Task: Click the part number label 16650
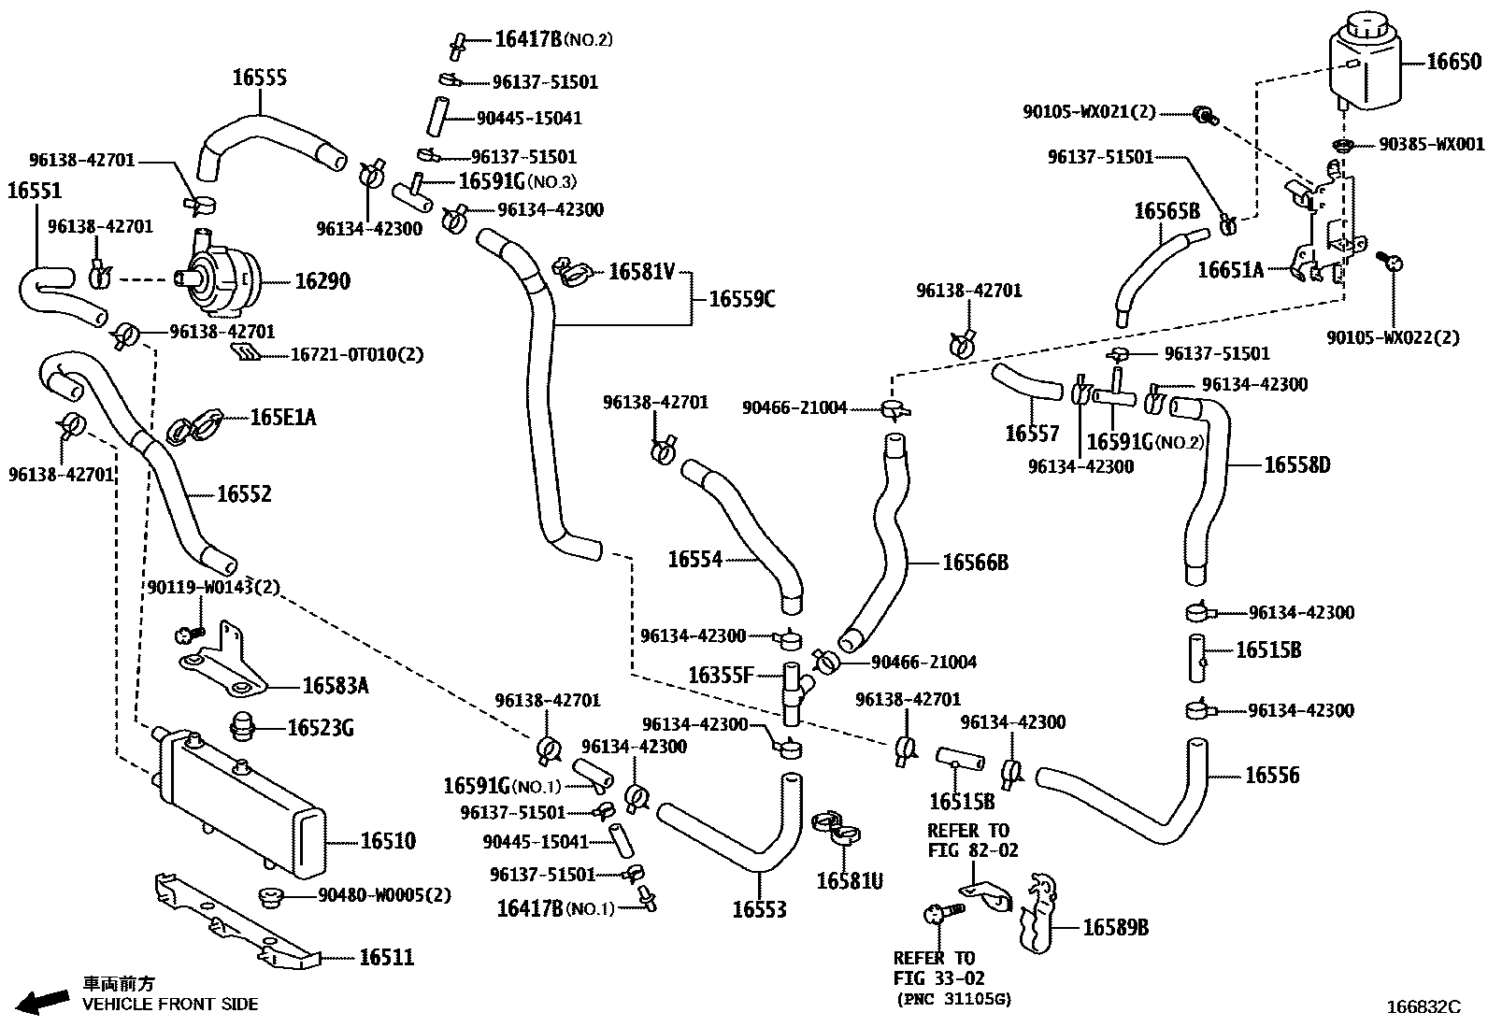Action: point(1453,63)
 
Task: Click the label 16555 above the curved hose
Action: point(259,78)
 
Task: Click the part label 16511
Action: point(386,958)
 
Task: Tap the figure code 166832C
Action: point(1422,1007)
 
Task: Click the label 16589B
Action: point(1115,928)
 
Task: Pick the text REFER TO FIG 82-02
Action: point(972,841)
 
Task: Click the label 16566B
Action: point(975,563)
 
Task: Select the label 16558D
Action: point(1296,465)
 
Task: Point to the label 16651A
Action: point(1230,271)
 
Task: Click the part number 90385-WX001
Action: point(1431,145)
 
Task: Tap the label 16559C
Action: point(742,299)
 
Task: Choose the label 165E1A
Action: point(282,418)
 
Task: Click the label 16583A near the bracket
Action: point(335,687)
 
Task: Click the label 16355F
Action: point(720,675)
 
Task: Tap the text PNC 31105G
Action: point(953,999)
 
